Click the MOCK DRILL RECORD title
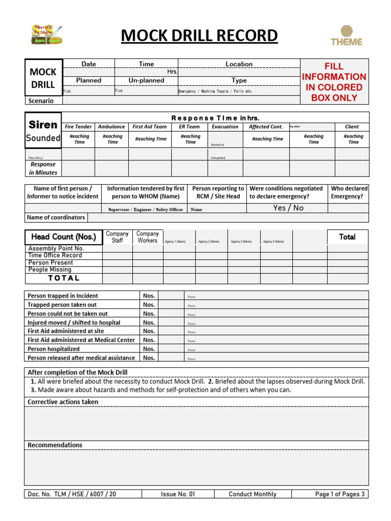coord(200,36)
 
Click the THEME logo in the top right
coord(346,36)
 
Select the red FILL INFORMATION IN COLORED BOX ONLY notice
coord(334,81)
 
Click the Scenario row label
coord(40,101)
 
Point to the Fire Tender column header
coord(78,127)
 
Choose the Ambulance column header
coord(111,127)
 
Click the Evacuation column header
coord(225,127)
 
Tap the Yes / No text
coord(288,208)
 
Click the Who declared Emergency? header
coord(349,192)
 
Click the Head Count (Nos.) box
coord(64,237)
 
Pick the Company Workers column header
coord(148,237)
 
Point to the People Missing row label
coord(50,270)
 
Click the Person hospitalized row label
coord(53,349)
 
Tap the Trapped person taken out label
coord(62,305)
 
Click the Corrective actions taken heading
coord(63,402)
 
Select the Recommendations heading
coord(55,445)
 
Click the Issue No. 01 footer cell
coord(178,494)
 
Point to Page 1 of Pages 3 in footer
coord(340,494)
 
